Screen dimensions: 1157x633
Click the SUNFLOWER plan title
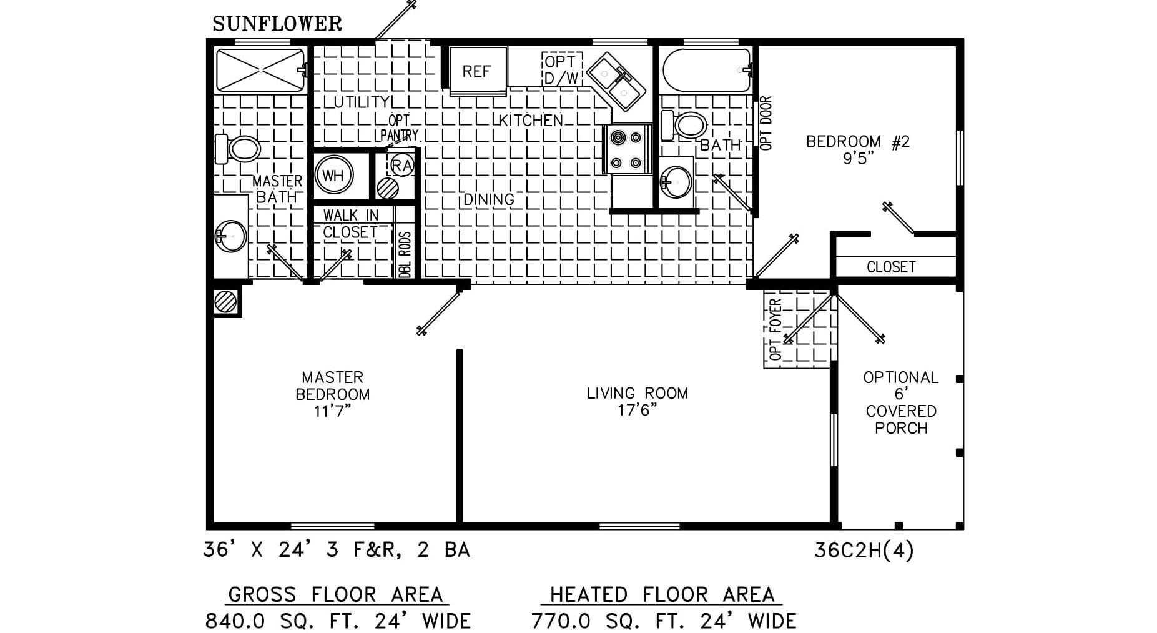click(277, 24)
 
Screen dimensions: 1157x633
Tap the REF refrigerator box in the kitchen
click(477, 71)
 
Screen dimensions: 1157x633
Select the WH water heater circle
click(333, 175)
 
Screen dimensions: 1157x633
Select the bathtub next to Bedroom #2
click(706, 71)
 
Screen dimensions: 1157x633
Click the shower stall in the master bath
click(260, 71)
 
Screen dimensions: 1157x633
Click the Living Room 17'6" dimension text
click(637, 410)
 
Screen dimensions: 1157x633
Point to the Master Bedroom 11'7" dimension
click(332, 411)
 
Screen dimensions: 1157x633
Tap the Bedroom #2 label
click(857, 142)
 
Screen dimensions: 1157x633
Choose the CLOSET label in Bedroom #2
click(891, 267)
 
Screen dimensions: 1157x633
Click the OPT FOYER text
click(776, 329)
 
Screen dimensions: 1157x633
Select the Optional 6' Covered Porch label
click(900, 403)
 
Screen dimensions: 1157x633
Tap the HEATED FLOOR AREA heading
click(662, 594)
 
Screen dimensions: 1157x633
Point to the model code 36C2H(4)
click(864, 551)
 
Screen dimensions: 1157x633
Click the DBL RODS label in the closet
click(405, 255)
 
